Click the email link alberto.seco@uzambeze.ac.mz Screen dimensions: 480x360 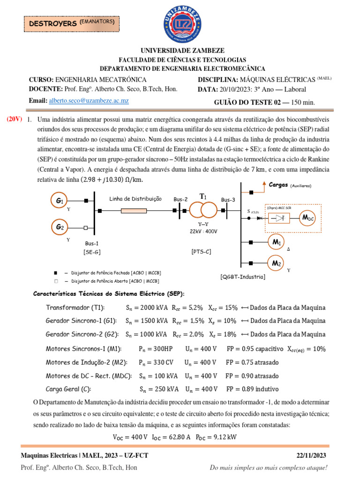tap(89, 101)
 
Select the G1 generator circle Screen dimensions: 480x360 tap(60, 201)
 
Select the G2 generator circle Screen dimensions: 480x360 tap(60, 227)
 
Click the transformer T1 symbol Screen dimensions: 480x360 tap(202, 210)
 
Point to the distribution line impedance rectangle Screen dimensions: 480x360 tap(134, 210)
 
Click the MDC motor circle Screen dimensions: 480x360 tap(308, 218)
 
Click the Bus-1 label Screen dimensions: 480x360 tap(92, 243)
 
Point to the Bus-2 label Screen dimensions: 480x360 tap(180, 199)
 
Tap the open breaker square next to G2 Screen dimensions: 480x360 tap(86, 228)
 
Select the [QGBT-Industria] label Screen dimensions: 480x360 tap(242, 277)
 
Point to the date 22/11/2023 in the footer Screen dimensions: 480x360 tap(312, 456)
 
